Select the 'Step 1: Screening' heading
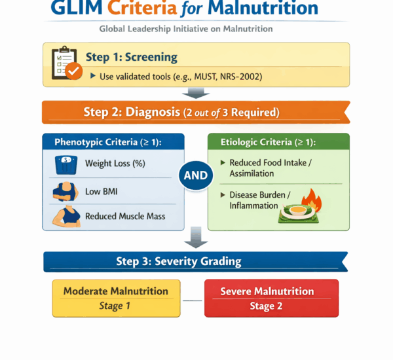point(130,57)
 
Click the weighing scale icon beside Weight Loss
point(66,164)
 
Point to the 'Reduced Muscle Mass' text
point(125,216)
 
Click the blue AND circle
point(196,175)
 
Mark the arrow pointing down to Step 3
point(196,238)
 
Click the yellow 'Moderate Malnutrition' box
point(116,298)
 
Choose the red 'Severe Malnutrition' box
point(271,298)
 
